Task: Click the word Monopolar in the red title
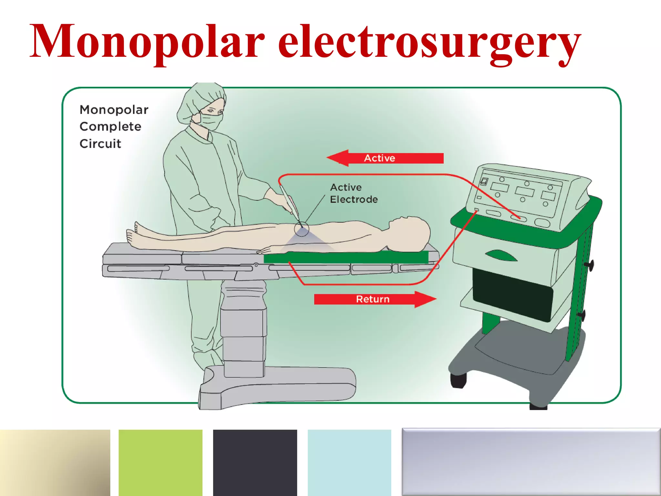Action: point(147,42)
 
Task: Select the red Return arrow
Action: point(374,299)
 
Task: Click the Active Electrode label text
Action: point(353,193)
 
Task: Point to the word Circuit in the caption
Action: point(100,144)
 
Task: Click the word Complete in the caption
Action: point(110,127)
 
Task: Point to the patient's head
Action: point(410,232)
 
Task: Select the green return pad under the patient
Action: point(345,258)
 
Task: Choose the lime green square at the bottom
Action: point(160,462)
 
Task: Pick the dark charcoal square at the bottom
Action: point(255,462)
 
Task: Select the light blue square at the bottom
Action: point(349,462)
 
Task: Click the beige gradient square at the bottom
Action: point(55,462)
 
